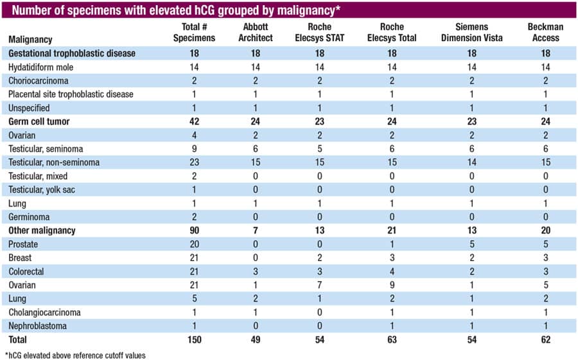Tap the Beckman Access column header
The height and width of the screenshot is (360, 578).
point(544,32)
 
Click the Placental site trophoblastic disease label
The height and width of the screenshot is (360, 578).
point(71,94)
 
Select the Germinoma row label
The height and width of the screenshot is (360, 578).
point(30,217)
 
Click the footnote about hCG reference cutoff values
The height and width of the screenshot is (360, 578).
point(76,355)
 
